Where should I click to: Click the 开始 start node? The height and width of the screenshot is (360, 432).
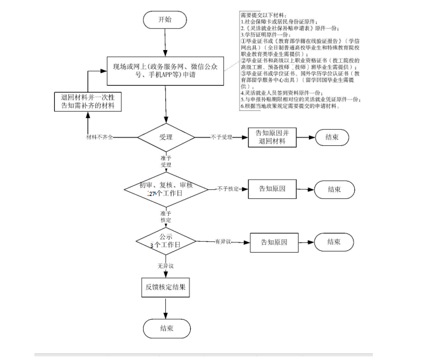(165, 20)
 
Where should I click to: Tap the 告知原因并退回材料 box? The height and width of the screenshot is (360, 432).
(273, 137)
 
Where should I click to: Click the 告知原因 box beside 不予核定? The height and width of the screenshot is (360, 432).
(273, 189)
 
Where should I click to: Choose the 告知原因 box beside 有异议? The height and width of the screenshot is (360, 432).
(277, 242)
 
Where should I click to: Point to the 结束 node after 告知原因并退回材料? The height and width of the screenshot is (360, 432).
(331, 137)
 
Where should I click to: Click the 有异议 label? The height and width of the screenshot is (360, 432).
(224, 242)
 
